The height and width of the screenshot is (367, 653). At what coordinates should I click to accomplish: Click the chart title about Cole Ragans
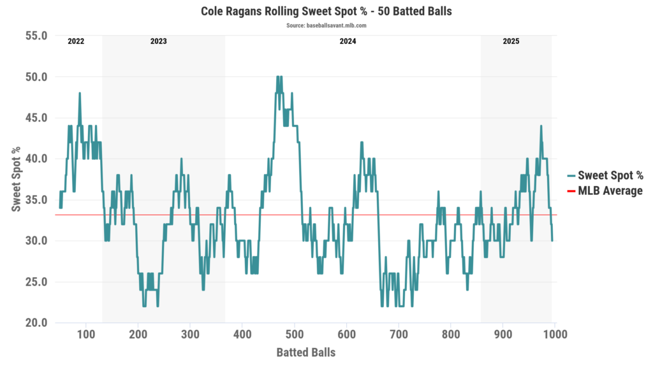pyautogui.click(x=326, y=11)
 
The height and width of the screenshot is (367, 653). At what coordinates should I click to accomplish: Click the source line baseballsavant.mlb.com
pyautogui.click(x=326, y=25)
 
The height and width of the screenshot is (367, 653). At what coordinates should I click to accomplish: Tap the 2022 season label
pyautogui.click(x=76, y=41)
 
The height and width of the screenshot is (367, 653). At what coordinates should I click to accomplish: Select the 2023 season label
pyautogui.click(x=159, y=41)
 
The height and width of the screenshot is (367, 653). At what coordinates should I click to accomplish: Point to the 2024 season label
pyautogui.click(x=348, y=41)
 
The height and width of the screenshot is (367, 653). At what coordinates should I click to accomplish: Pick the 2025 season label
pyautogui.click(x=511, y=41)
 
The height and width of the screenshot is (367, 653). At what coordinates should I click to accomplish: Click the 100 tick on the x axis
pyautogui.click(x=86, y=334)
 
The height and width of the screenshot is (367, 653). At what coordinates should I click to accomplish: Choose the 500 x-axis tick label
pyautogui.click(x=294, y=334)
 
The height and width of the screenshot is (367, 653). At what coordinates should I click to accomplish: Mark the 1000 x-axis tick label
pyautogui.click(x=554, y=334)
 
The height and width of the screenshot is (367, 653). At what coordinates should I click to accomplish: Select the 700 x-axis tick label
pyautogui.click(x=399, y=334)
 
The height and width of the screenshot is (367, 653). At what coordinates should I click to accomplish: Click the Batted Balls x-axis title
pyautogui.click(x=306, y=352)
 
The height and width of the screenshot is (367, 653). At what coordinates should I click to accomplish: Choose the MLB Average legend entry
pyautogui.click(x=610, y=191)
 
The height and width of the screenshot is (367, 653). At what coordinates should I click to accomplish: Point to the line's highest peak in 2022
pyautogui.click(x=80, y=93)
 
